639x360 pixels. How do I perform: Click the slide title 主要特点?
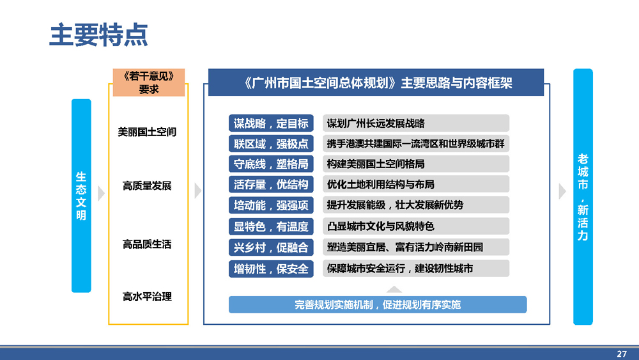point(98,35)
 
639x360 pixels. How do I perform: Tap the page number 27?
point(622,354)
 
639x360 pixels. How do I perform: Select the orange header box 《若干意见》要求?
point(149,82)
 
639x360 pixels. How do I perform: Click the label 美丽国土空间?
point(147,132)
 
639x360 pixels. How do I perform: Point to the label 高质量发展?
point(147,186)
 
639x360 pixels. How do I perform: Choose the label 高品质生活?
point(147,244)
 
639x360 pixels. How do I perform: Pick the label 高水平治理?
point(147,297)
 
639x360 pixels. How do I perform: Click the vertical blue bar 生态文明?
point(81,196)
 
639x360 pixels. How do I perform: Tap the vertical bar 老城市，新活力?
point(583,196)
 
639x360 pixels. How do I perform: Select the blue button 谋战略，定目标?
point(271,123)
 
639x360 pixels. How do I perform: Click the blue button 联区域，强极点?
point(271,143)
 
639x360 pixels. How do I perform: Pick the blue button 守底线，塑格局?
point(271,164)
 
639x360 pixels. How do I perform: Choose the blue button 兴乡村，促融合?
point(271,247)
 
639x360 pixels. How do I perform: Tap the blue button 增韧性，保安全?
point(271,269)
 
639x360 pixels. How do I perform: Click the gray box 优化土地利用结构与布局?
point(416,184)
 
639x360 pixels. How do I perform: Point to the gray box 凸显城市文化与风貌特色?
point(416,226)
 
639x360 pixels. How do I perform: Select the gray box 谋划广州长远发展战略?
point(416,123)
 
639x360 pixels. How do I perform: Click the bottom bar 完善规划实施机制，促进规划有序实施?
point(378,304)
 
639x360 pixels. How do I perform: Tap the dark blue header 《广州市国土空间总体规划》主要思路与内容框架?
point(376,82)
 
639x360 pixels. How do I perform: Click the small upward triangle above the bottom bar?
point(394,290)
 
